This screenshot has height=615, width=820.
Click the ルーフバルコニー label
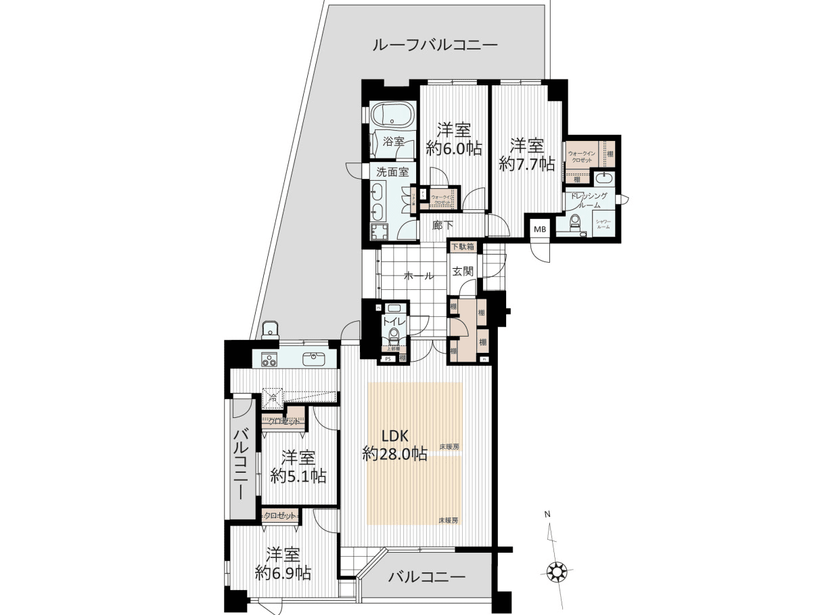coord(435,46)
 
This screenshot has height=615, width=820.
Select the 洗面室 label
coord(392,172)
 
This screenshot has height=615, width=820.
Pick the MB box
coord(540,230)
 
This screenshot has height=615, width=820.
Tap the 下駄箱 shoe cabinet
coord(463,247)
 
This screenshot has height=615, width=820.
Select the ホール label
coord(419,276)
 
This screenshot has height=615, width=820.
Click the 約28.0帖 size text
coord(394,454)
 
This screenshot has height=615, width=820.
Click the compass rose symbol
coord(557,572)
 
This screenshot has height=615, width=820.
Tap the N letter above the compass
coord(547,514)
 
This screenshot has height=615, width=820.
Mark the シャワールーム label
coord(603,224)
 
